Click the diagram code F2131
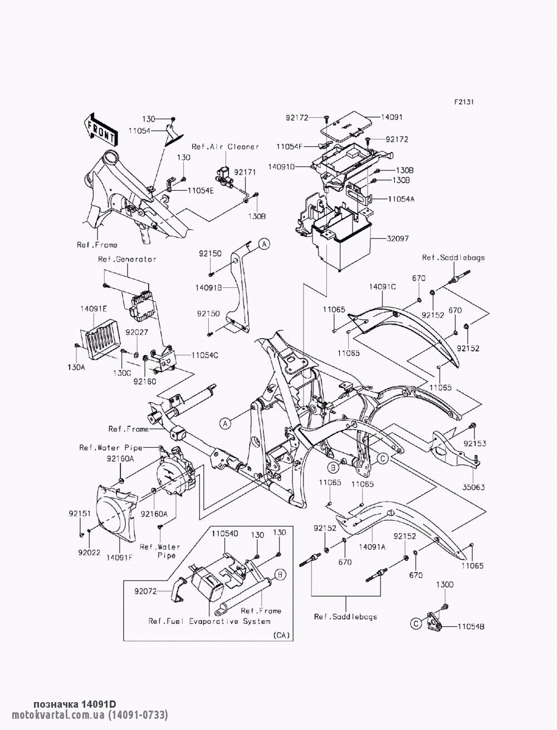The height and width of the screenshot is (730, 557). coord(464,102)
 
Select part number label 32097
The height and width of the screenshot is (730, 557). coord(398,239)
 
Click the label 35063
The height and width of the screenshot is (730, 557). coord(473,487)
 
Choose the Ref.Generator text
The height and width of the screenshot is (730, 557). coord(127,259)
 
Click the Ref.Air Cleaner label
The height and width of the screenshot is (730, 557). coord(225,147)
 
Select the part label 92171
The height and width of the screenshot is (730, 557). coord(245,172)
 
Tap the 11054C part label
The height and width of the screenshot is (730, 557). coord(205,355)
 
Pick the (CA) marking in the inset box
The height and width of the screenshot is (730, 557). coord(281,635)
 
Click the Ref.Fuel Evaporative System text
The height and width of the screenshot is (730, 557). coord(209,621)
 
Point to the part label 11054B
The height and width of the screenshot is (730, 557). coord(471,627)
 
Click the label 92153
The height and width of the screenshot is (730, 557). coord(475,443)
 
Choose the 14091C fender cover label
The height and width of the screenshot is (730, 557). coord(382,287)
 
